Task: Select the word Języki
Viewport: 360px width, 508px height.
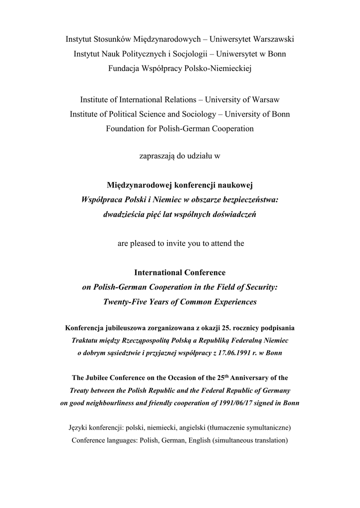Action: tap(80, 427)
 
